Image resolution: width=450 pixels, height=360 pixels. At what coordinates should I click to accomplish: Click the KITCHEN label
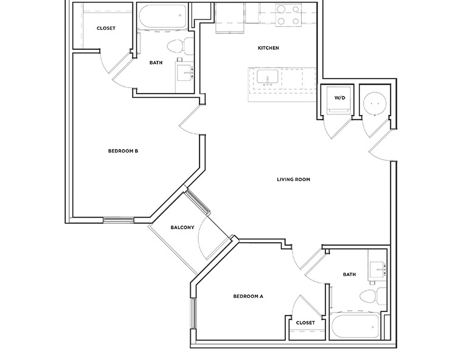[268, 48]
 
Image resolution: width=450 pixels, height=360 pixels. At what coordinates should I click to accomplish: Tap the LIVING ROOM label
[294, 179]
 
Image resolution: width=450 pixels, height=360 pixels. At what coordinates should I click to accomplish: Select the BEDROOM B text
[124, 151]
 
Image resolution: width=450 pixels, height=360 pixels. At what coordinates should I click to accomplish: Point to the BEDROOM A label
[248, 297]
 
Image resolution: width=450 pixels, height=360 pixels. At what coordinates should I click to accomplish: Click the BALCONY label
[182, 227]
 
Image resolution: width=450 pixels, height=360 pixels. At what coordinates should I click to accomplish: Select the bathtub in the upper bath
[161, 18]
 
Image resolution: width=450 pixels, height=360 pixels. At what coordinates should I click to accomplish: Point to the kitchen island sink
[268, 78]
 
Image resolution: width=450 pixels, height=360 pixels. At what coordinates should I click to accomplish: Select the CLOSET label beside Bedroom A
[305, 323]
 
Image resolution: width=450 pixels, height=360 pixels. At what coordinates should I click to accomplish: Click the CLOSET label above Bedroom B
[106, 28]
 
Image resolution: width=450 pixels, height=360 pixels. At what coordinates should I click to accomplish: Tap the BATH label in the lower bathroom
[349, 274]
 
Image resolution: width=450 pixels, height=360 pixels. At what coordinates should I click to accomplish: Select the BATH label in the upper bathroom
[156, 61]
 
